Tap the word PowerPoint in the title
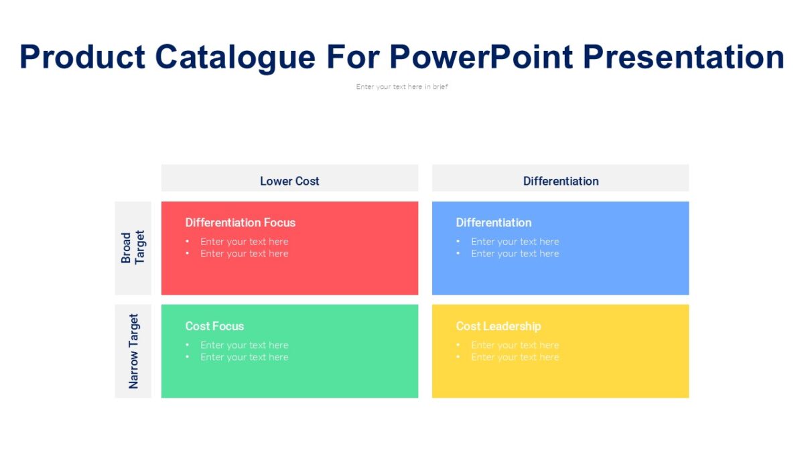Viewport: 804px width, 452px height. tap(481, 57)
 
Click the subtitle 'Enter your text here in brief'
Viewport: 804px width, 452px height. tap(402, 86)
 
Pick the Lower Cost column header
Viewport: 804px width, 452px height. tap(289, 181)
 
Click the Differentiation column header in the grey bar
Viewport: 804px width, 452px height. tap(561, 181)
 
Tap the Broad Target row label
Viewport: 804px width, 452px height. tap(133, 248)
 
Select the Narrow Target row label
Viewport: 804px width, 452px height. tap(133, 352)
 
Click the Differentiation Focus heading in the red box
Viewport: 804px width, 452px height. tap(240, 222)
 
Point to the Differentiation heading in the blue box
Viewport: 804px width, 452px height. tap(494, 222)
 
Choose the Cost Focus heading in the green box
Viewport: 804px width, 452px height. tap(214, 326)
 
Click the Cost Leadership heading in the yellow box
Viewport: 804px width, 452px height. tap(498, 326)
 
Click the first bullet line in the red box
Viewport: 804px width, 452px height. tap(244, 242)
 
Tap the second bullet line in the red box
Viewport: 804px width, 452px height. tap(244, 254)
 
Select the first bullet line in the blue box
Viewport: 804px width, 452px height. tap(515, 242)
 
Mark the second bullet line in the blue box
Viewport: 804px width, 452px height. tap(515, 254)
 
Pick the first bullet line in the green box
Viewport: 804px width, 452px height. tap(244, 346)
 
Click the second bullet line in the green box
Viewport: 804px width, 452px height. tap(244, 358)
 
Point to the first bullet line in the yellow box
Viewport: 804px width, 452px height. tap(515, 346)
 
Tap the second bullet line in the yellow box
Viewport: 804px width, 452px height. tap(515, 358)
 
